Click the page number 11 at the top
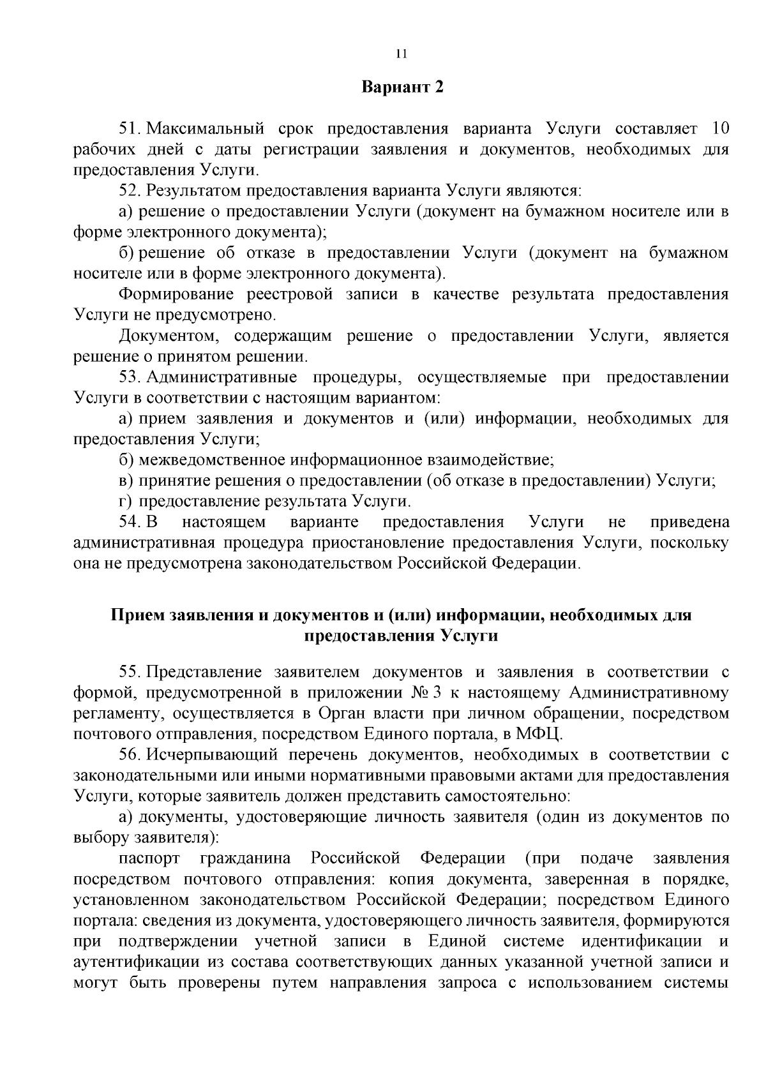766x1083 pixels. point(401,54)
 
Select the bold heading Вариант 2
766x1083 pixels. point(402,87)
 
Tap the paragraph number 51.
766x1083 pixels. point(130,129)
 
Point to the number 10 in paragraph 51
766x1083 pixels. point(719,129)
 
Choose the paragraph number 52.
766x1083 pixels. point(130,191)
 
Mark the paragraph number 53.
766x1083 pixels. point(130,377)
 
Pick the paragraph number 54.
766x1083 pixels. point(130,522)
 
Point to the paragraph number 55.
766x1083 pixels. point(130,673)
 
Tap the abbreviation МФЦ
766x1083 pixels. point(541,735)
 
